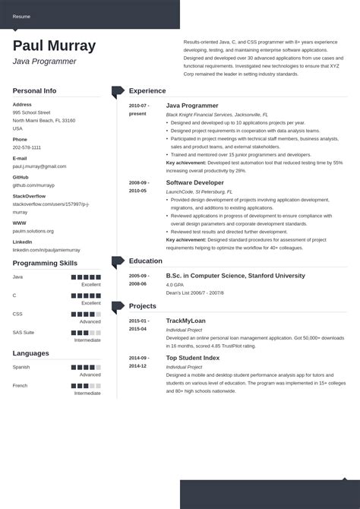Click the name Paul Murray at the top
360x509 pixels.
54,46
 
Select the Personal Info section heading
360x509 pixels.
34,90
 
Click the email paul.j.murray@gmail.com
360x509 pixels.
39,166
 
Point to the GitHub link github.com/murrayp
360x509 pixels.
33,185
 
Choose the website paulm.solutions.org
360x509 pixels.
33,231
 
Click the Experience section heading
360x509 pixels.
147,90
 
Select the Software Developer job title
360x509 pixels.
194,183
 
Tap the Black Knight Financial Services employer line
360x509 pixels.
208,114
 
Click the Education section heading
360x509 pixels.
146,261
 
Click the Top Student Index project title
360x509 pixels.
193,357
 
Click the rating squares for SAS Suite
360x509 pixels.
86,332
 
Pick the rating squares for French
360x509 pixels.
86,385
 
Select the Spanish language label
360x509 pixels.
21,367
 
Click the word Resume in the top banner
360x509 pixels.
21,15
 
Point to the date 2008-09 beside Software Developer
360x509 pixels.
138,183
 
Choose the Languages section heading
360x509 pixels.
30,353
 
